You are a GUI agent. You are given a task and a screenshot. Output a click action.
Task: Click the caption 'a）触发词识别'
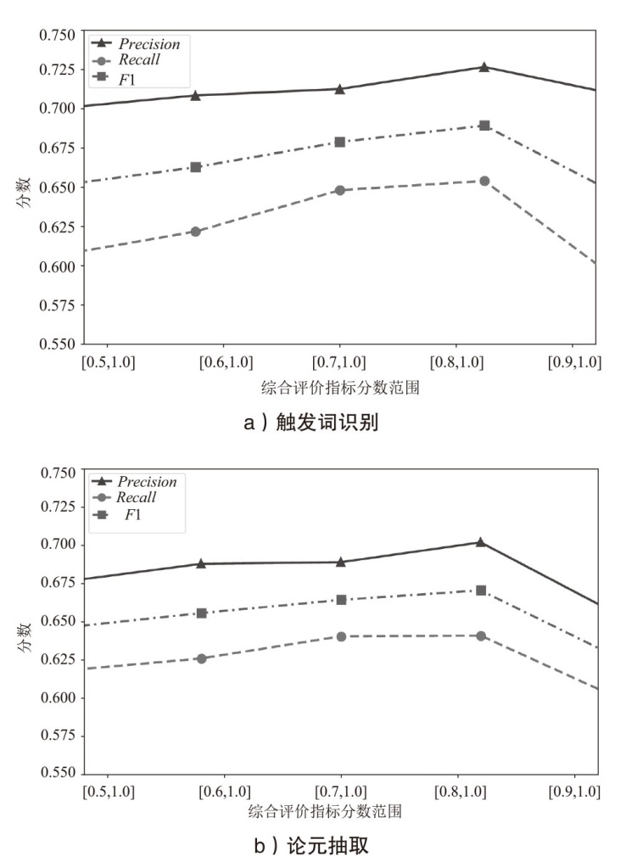(x=311, y=424)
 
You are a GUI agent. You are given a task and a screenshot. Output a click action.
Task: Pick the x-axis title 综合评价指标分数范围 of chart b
(x=325, y=812)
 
